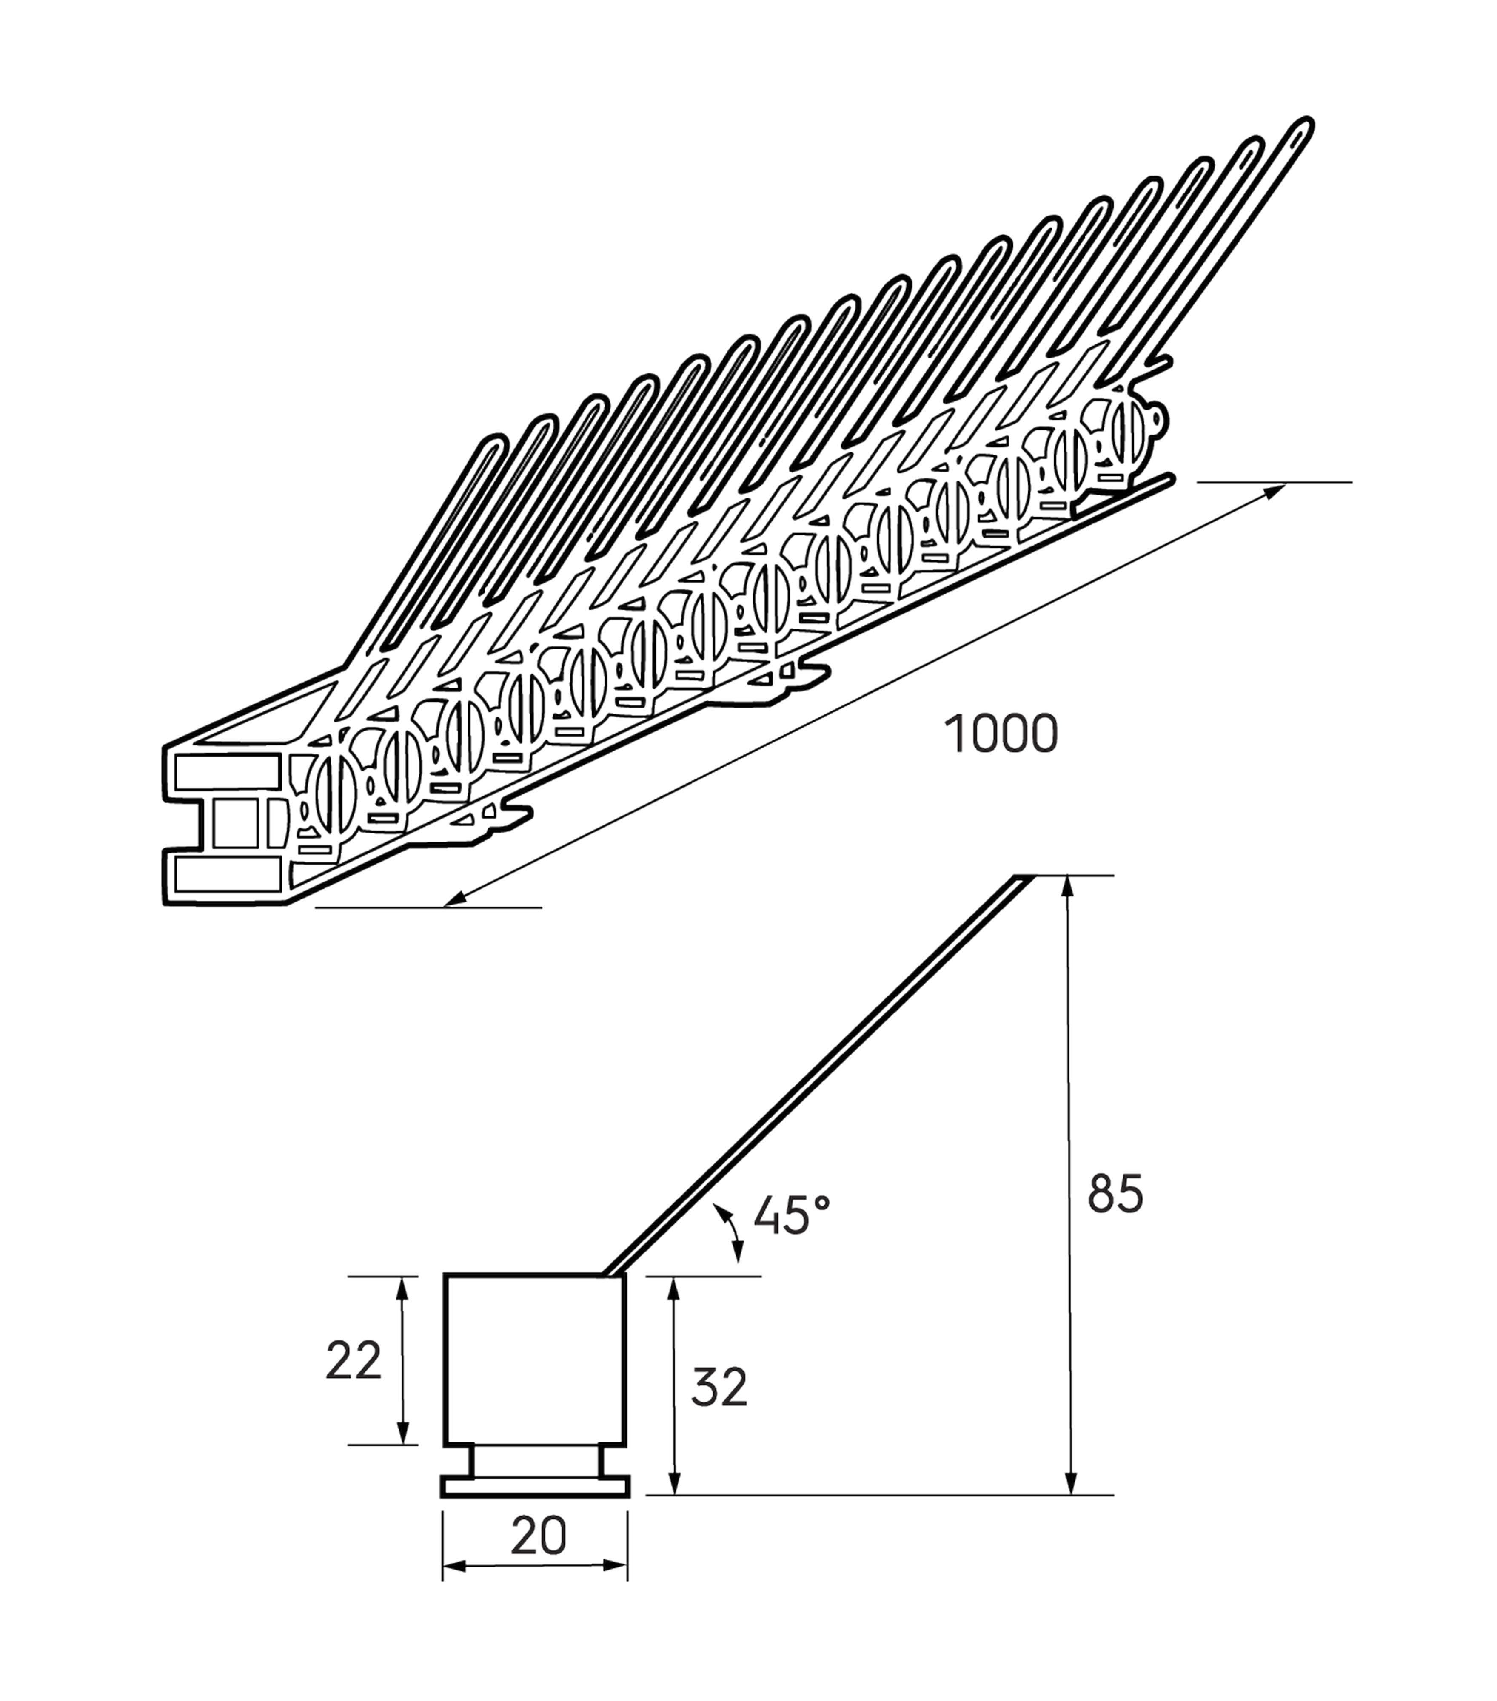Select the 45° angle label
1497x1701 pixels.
tap(791, 1215)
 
